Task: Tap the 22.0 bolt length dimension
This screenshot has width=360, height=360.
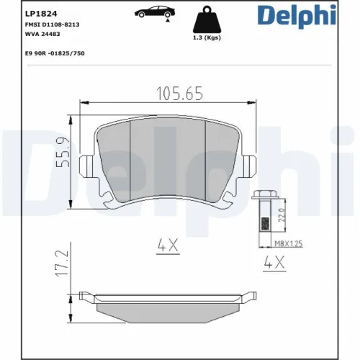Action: pyautogui.click(x=282, y=214)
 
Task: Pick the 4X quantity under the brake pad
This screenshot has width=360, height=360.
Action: pyautogui.click(x=168, y=246)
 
